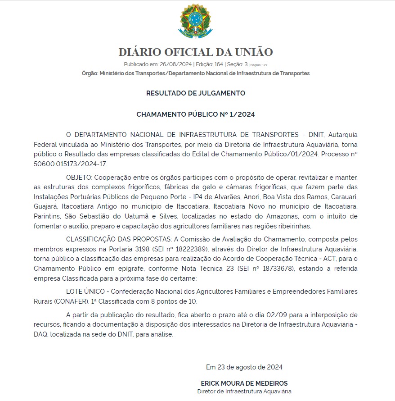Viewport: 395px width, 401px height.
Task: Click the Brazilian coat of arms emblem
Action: (x=196, y=21)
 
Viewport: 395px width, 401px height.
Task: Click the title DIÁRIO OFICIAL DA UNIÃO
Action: (x=196, y=52)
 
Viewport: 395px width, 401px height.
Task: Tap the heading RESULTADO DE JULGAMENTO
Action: (x=196, y=93)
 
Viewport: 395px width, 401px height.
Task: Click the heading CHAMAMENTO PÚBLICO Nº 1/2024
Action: (x=196, y=114)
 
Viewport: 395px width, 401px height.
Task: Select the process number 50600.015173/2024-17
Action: (x=70, y=164)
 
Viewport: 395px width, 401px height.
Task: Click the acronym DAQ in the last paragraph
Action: (x=40, y=334)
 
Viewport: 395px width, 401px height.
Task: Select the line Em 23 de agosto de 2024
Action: (x=244, y=367)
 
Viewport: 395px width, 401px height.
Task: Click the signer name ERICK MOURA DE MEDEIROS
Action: (x=244, y=383)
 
